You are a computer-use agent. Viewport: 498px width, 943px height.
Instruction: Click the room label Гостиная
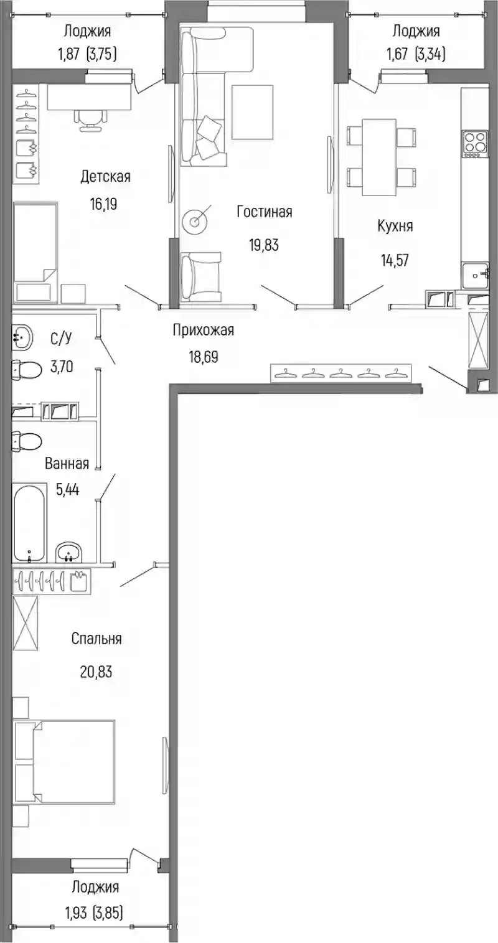tap(265, 212)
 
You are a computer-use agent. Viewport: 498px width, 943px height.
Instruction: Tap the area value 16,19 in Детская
tap(103, 205)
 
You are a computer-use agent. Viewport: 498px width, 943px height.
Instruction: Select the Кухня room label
tap(395, 227)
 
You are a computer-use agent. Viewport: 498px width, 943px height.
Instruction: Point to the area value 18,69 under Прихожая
tap(204, 357)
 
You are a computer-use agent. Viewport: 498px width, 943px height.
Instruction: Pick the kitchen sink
tap(476, 275)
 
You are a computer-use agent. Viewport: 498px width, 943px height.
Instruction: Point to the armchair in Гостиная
tap(201, 275)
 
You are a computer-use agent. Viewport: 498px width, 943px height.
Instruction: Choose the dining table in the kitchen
tap(379, 157)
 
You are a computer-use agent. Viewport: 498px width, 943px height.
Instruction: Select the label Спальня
tap(96, 639)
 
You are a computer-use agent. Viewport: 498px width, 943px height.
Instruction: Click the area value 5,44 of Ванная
tap(68, 489)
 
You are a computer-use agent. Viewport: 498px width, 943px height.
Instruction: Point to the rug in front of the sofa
tap(252, 112)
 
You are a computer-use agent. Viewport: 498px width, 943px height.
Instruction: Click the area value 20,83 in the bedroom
tap(96, 672)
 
